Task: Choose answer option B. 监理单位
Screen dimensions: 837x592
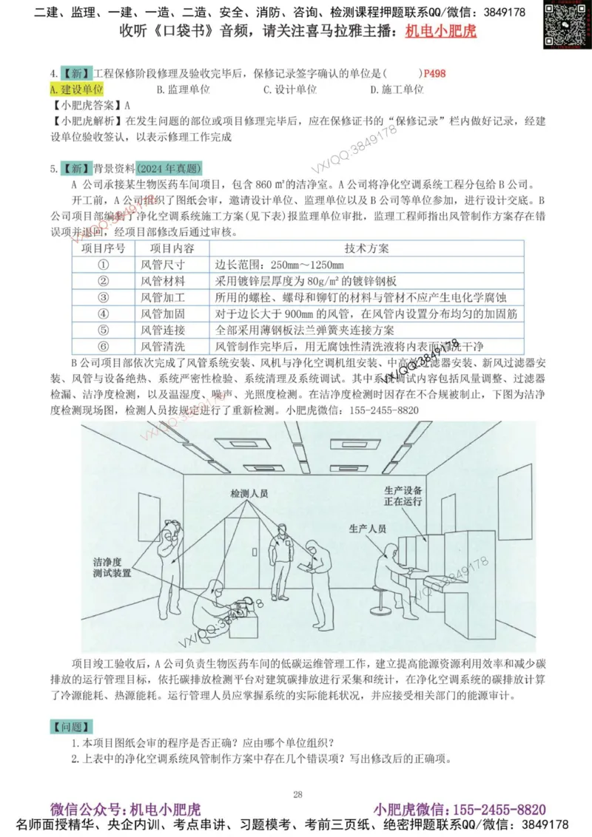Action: click(184, 89)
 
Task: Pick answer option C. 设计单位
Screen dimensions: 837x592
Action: click(290, 89)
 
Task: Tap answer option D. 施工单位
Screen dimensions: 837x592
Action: click(397, 89)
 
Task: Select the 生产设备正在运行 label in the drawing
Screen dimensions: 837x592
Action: click(403, 496)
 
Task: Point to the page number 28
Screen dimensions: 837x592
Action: click(297, 794)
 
